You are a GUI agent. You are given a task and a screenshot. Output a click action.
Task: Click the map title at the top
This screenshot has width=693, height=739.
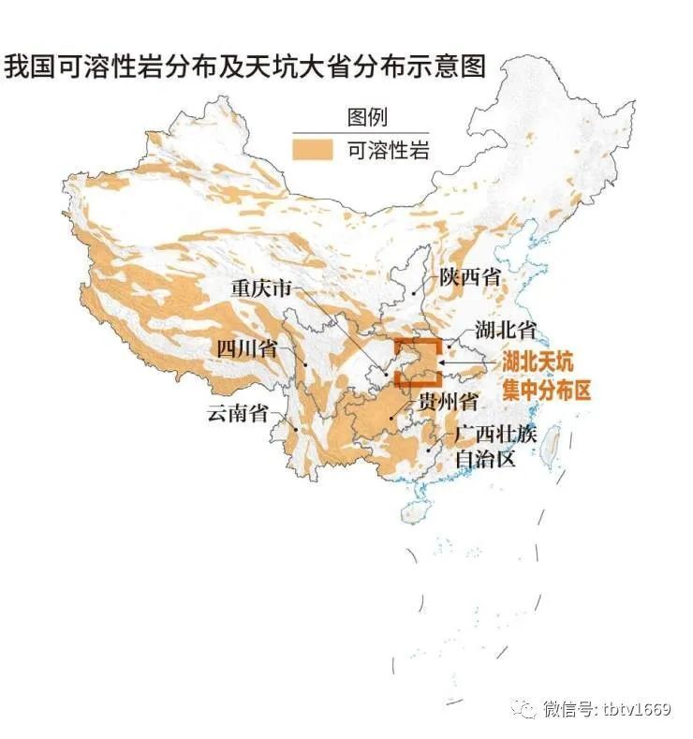coord(245,67)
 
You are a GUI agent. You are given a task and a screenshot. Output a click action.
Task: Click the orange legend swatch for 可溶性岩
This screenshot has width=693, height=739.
coord(312,151)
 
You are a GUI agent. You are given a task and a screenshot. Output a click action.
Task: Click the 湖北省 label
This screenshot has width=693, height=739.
coord(505,330)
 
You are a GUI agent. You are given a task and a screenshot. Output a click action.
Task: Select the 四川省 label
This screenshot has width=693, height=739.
coord(246,348)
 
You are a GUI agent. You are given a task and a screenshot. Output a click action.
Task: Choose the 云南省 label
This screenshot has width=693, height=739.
coord(237,413)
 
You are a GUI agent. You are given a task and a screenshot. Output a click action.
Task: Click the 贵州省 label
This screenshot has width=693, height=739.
coord(448,404)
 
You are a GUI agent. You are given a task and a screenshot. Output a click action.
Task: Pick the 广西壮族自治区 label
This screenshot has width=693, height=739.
coord(494,446)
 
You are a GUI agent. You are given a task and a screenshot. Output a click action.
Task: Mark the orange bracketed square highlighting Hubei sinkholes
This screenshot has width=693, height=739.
coord(417,363)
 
